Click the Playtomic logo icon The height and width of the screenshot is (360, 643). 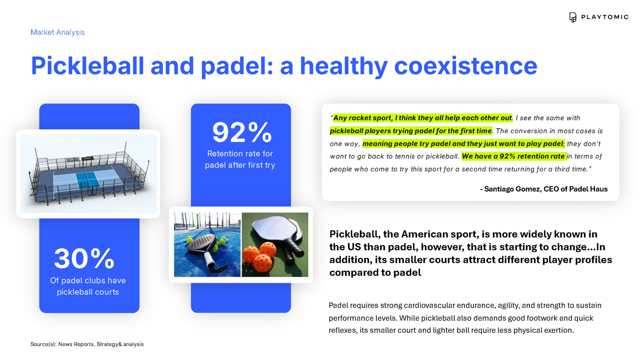point(573,17)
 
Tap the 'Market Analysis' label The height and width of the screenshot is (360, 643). point(58,32)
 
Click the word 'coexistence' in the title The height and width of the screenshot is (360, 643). point(466,66)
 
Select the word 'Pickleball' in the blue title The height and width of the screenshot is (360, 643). point(87,66)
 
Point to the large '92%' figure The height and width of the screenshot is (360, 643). point(242,132)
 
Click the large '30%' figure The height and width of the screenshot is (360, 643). point(84,258)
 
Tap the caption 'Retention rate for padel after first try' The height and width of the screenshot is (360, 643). point(240,159)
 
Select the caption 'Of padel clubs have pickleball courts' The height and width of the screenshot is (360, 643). point(88,286)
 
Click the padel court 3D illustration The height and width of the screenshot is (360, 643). point(89,174)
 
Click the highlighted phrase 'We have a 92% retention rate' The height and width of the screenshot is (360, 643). point(513,156)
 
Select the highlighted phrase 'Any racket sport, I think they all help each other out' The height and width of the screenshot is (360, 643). point(422,118)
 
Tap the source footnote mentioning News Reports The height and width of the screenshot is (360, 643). point(87,344)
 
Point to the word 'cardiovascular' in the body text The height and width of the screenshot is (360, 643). point(429,306)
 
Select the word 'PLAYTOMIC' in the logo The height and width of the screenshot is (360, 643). point(605,17)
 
